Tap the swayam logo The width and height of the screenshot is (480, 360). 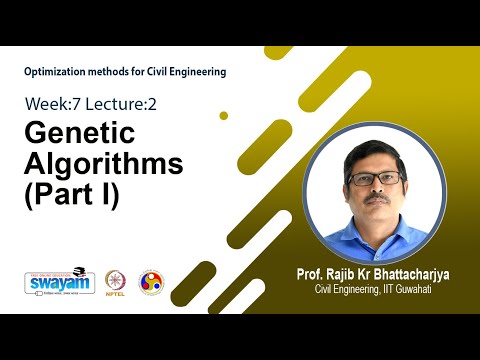pos(59,282)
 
